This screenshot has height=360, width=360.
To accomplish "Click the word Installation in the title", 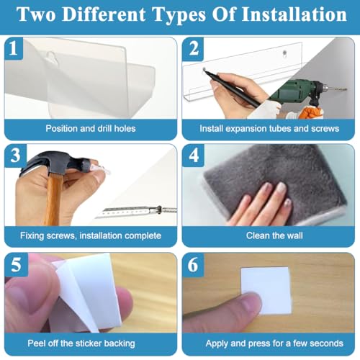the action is (294, 14).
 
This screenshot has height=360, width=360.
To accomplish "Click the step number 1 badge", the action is (14, 48).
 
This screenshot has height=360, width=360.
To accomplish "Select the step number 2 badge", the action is (193, 48).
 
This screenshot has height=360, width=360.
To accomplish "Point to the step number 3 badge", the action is (15, 156).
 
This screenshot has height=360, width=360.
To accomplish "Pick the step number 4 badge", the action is (194, 156).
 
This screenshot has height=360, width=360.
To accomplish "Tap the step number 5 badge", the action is (16, 264).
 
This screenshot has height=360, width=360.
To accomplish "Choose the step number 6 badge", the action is (193, 264).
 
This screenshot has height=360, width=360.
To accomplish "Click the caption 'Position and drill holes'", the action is (91, 129).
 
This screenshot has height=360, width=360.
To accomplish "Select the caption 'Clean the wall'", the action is (274, 235).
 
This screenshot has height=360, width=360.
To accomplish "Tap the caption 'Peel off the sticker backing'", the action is (81, 343).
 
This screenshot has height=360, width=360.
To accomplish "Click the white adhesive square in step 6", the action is (266, 290).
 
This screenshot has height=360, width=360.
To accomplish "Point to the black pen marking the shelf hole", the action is (232, 88).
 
